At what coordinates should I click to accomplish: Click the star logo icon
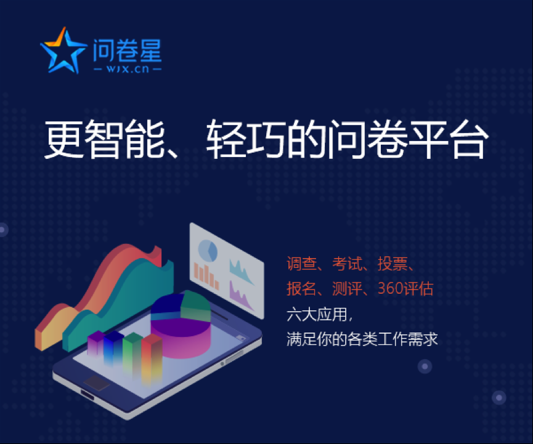[63, 51]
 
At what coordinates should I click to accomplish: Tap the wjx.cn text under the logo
[128, 69]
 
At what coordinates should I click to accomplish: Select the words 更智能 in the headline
[105, 139]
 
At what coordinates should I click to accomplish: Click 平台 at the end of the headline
[449, 139]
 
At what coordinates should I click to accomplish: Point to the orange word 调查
[302, 264]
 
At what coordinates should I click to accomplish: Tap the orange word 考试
[348, 264]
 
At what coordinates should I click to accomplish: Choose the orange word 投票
[393, 264]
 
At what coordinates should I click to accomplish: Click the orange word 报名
[302, 288]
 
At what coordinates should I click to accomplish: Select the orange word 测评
[348, 288]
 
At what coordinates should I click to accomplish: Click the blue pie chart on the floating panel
[208, 251]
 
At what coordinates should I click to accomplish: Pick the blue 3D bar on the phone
[113, 347]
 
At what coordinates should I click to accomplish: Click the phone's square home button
[97, 383]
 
